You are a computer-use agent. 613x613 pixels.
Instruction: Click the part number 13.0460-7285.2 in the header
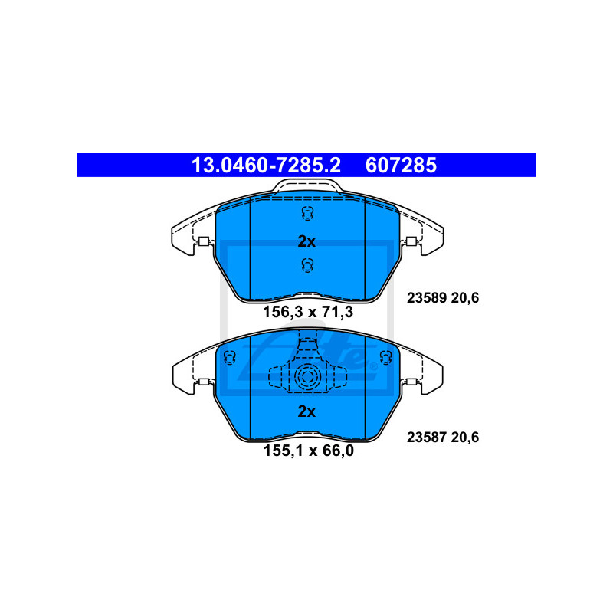tap(266, 165)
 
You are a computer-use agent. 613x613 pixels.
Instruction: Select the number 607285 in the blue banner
tap(401, 165)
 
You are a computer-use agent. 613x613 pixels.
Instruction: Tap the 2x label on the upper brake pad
tap(306, 241)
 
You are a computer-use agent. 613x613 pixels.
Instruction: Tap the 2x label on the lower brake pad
tap(306, 411)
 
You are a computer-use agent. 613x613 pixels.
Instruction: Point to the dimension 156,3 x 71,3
tap(308, 312)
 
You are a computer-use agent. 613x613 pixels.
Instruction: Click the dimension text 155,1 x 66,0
tap(309, 451)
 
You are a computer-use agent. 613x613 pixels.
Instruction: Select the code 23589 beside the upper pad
tap(427, 298)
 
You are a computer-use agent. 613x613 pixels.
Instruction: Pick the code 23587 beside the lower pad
tap(427, 437)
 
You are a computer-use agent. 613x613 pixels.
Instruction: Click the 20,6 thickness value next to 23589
tap(465, 298)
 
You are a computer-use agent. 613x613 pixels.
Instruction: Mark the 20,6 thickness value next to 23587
tap(465, 437)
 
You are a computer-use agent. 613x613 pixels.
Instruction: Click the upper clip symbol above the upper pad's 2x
tap(308, 214)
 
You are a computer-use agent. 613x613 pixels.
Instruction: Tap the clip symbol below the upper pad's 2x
tap(308, 265)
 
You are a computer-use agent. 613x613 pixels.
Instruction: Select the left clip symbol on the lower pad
tap(230, 357)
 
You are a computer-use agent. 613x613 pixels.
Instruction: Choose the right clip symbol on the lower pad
tap(386, 357)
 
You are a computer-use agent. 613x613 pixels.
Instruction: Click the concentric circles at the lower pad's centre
tap(307, 377)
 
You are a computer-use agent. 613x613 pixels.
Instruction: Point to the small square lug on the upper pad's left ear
tap(203, 241)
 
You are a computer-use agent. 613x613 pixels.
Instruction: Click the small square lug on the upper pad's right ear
tap(411, 241)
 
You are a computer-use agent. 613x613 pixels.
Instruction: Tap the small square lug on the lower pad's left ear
tap(203, 382)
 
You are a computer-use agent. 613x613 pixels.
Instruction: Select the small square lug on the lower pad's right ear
tap(411, 382)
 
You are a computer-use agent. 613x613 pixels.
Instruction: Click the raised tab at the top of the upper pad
tap(307, 185)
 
